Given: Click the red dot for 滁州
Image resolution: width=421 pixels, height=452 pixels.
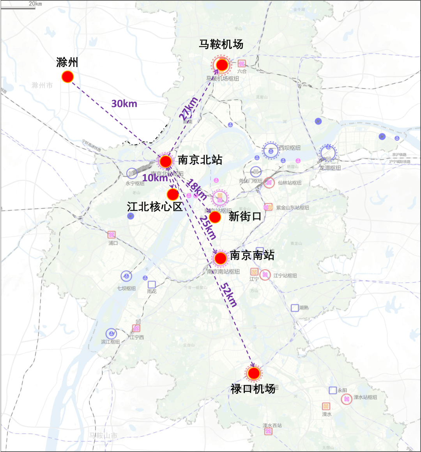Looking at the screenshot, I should pyautogui.click(x=67, y=77).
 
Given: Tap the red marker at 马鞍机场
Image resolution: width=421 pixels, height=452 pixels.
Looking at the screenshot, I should pyautogui.click(x=222, y=65).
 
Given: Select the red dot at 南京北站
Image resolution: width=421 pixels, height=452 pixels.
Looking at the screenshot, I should pyautogui.click(x=165, y=161).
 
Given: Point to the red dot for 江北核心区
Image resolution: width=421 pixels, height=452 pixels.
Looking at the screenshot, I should pyautogui.click(x=173, y=194).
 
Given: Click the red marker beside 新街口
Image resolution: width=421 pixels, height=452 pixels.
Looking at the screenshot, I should pyautogui.click(x=215, y=217).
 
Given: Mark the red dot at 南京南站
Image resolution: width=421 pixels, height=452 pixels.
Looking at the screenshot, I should pyautogui.click(x=220, y=258).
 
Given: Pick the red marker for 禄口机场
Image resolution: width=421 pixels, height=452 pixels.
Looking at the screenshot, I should pyautogui.click(x=254, y=373).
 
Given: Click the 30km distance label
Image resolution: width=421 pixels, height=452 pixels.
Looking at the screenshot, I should pyautogui.click(x=124, y=103).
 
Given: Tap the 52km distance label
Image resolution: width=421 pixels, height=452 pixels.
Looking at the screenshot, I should pyautogui.click(x=228, y=295).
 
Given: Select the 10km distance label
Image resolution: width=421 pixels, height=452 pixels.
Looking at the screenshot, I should pyautogui.click(x=155, y=178).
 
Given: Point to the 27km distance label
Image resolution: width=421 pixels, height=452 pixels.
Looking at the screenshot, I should pyautogui.click(x=189, y=108).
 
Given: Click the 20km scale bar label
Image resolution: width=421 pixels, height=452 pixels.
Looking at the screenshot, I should pyautogui.click(x=35, y=4).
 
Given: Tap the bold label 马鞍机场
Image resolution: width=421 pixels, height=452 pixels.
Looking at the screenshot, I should pyautogui.click(x=221, y=44).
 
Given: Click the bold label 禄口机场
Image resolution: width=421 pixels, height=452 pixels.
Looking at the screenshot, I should pyautogui.click(x=253, y=389).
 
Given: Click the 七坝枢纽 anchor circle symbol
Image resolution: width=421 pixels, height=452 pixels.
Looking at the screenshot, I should pyautogui.click(x=126, y=276).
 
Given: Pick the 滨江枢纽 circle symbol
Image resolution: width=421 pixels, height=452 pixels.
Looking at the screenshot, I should pyautogui.click(x=111, y=334).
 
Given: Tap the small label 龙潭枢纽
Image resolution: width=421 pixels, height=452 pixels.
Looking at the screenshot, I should pyautogui.click(x=330, y=168).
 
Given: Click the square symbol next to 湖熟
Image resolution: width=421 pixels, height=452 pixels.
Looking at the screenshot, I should pyautogui.click(x=295, y=308).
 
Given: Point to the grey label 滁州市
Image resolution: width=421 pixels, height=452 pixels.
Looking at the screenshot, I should pyautogui.click(x=42, y=85).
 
